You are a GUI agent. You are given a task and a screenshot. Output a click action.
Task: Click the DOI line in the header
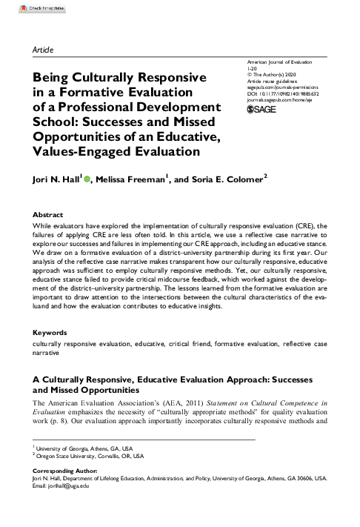(x=283, y=94)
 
